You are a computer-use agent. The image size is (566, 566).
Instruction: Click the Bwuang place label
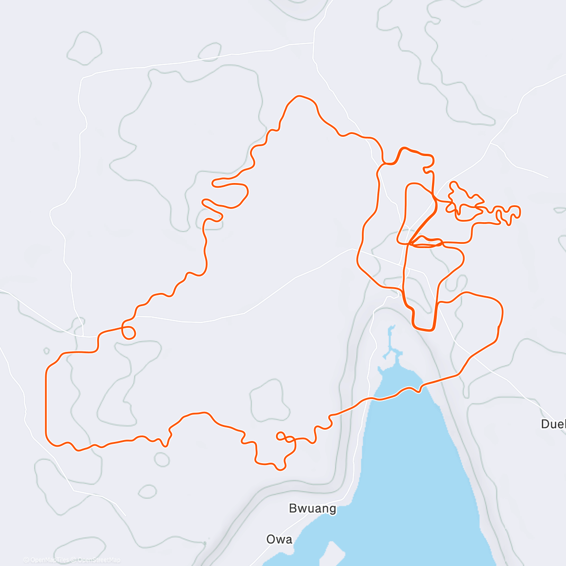(x=312, y=508)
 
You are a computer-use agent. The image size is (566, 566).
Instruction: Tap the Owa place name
(x=279, y=539)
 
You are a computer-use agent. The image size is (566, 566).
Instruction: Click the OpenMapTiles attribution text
(x=49, y=560)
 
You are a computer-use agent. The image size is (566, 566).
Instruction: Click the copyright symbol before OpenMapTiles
(x=26, y=560)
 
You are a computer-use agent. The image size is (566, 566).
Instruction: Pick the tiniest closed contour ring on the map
(x=46, y=351)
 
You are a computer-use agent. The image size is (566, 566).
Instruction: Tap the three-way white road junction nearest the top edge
(x=314, y=43)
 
